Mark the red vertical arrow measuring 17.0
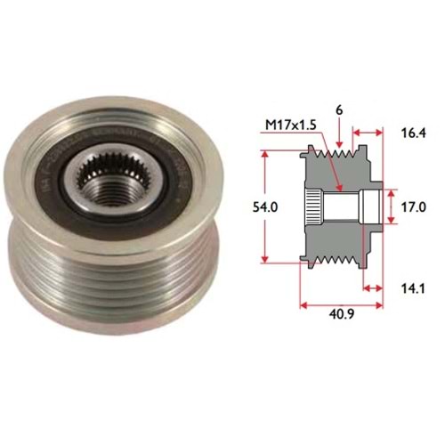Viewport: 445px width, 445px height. (x=392, y=206)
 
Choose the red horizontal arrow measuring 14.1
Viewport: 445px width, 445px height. (x=373, y=287)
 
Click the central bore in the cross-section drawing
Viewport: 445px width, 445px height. (x=343, y=206)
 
